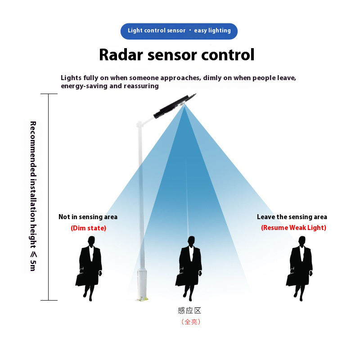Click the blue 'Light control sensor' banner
[179, 31]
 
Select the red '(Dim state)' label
[88, 228]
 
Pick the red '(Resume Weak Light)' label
[293, 228]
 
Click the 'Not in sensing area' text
[88, 217]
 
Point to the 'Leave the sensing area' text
[292, 217]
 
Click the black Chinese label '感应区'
[189, 310]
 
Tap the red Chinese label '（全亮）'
[190, 322]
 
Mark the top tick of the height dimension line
[49, 94]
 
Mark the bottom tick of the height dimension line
[49, 300]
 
